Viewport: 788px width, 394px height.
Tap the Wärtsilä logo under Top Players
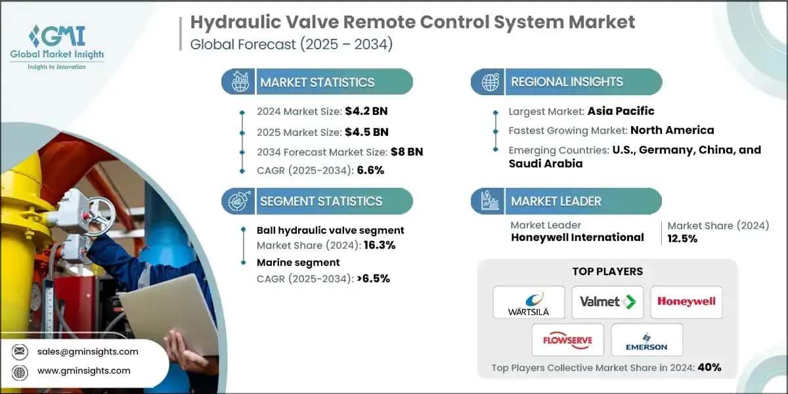pos(529,302)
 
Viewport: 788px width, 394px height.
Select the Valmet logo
pos(607,302)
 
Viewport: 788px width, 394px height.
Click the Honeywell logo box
pos(686,302)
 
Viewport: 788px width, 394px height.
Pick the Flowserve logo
pos(568,339)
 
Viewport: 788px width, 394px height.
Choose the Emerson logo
pos(647,339)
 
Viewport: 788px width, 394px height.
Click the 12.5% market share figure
pos(682,239)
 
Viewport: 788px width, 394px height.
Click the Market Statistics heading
pos(317,82)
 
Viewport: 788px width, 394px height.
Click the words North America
pos(672,130)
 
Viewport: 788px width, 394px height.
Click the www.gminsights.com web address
pos(83,371)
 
